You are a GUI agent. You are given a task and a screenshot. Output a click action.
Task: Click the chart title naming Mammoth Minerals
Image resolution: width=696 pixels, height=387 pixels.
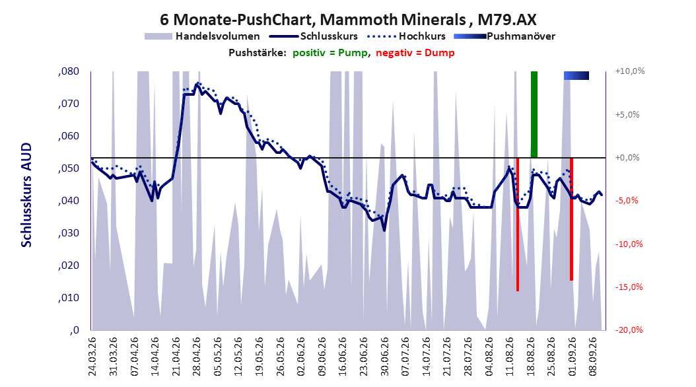click(x=348, y=20)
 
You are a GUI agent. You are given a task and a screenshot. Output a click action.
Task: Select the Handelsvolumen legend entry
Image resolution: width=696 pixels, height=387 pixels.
click(x=203, y=36)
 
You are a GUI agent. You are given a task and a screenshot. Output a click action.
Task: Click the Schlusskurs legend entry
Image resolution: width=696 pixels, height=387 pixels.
click(x=314, y=36)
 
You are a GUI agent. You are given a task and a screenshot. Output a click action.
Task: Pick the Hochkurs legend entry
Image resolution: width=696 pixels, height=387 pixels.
click(x=406, y=36)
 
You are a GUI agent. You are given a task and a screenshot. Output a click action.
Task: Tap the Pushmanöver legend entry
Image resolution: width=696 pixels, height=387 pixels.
click(x=505, y=36)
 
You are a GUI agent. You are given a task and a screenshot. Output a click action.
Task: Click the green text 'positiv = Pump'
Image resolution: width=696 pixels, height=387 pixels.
click(x=330, y=53)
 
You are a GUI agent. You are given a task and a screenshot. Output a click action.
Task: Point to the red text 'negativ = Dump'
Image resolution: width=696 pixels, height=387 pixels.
click(x=415, y=53)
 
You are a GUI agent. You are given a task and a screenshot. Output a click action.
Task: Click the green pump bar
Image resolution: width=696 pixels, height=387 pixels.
click(x=534, y=114)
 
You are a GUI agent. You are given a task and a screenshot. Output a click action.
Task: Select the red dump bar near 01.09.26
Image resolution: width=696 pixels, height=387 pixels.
click(x=572, y=219)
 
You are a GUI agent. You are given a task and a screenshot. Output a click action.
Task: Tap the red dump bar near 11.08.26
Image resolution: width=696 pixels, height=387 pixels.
click(x=518, y=224)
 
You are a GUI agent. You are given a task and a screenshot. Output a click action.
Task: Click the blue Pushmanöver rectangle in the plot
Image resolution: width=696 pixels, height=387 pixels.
click(x=576, y=75)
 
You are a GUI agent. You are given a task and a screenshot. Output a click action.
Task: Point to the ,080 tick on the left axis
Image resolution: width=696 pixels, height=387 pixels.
click(x=69, y=71)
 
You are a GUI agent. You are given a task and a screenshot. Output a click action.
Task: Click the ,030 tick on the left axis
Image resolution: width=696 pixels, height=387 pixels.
click(x=69, y=233)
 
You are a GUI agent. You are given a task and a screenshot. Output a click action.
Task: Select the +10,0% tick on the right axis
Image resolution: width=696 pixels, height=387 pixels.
click(x=630, y=71)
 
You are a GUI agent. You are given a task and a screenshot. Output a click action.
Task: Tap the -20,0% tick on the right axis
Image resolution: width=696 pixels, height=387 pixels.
click(x=629, y=330)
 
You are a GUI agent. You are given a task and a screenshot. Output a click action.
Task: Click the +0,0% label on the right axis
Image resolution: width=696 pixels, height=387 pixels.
click(x=627, y=158)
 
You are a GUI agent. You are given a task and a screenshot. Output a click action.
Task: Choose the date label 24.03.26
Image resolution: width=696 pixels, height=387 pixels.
click(x=92, y=357)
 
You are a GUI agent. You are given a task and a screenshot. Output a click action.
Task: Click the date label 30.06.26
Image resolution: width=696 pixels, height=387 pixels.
click(x=385, y=357)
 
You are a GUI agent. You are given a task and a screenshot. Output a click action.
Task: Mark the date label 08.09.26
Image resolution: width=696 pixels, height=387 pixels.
click(x=594, y=357)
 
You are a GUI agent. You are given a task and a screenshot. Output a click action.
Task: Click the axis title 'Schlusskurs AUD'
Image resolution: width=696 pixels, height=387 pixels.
click(x=26, y=195)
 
